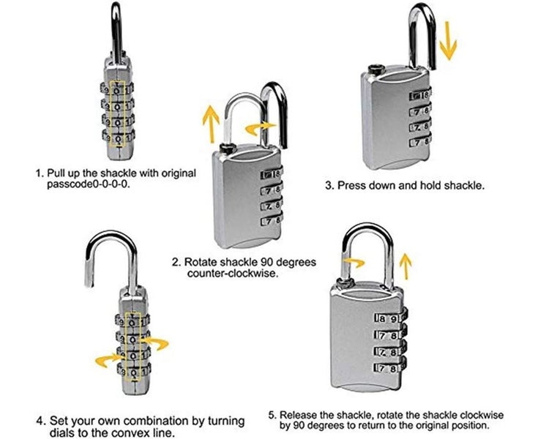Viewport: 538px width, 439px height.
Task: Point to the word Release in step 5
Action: point(299,413)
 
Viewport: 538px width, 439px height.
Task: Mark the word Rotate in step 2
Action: point(200,261)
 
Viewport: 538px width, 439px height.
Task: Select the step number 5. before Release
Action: point(273,413)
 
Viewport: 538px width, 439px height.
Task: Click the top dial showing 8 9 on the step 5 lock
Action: point(388,318)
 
